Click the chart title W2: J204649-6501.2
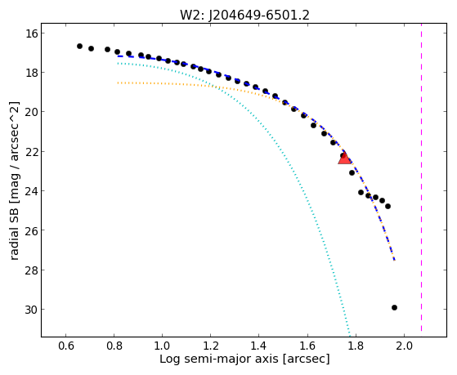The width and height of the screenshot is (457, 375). (244, 15)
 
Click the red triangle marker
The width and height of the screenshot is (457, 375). (344, 158)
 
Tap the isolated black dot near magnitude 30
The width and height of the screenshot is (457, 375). (394, 307)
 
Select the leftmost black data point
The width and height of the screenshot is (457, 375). (79, 46)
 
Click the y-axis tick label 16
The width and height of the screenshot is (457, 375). (31, 33)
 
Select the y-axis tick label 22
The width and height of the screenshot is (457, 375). (31, 151)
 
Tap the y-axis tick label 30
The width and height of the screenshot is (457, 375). (31, 310)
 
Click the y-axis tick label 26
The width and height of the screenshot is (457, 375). (31, 230)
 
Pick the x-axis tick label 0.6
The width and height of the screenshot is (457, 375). (65, 346)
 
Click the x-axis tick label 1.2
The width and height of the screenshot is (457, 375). (210, 346)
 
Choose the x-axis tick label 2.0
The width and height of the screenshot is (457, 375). (404, 346)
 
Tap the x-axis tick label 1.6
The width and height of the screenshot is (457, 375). (307, 346)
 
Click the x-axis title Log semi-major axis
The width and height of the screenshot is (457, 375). (219, 359)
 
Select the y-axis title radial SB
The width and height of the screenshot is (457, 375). (14, 234)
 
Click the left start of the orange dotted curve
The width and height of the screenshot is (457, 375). (118, 83)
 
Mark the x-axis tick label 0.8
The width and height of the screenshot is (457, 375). (114, 346)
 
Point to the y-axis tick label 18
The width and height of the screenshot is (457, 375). (31, 73)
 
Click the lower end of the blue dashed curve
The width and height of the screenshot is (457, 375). (394, 260)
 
